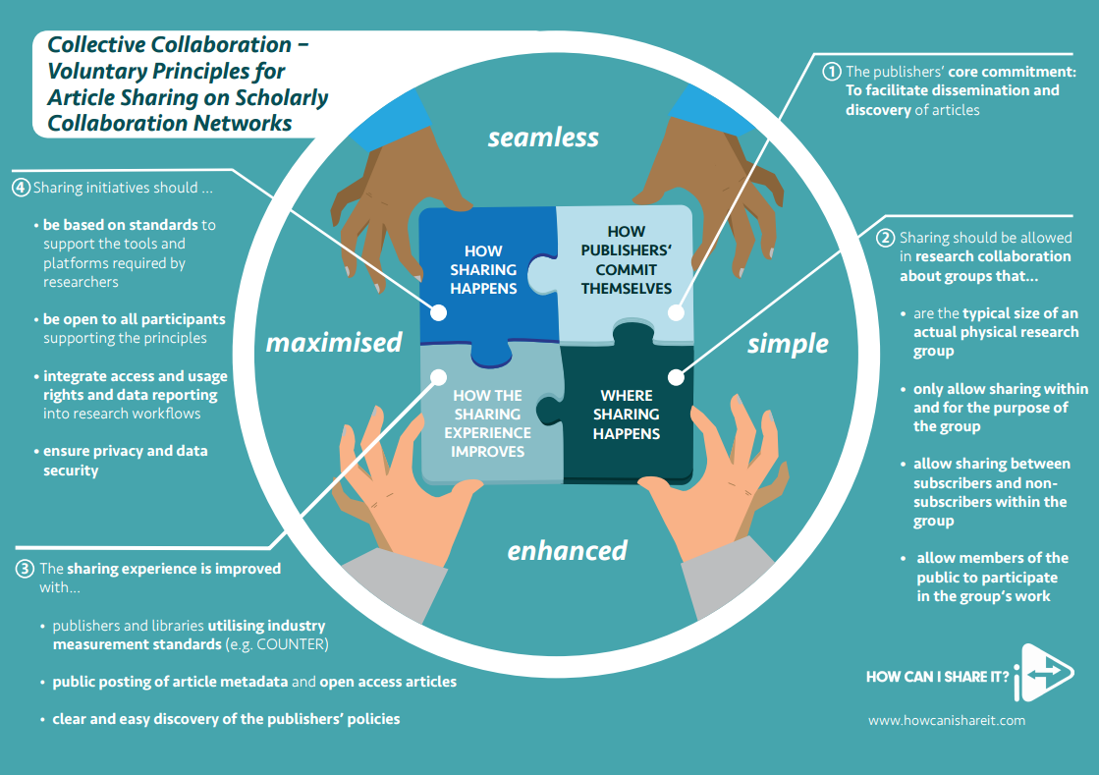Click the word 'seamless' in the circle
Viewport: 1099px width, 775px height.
[543, 138]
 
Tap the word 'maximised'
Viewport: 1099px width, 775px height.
[334, 342]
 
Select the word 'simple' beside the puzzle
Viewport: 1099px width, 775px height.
[788, 344]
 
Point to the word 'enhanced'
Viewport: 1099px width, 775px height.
[567, 551]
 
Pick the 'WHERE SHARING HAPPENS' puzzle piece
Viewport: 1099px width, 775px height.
[628, 414]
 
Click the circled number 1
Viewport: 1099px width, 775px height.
[831, 72]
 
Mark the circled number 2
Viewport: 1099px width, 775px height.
[885, 238]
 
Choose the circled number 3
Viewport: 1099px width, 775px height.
[25, 569]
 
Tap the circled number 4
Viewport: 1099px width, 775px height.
[21, 187]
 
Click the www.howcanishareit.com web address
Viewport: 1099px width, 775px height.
[946, 720]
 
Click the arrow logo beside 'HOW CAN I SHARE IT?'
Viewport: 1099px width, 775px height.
[1044, 673]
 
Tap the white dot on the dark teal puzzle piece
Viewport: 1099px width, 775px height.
[676, 378]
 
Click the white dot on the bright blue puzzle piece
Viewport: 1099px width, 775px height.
[438, 312]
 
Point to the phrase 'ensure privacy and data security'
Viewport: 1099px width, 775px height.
[125, 461]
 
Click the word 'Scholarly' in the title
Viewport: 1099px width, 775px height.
[282, 97]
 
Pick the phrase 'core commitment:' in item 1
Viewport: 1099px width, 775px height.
[1012, 72]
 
